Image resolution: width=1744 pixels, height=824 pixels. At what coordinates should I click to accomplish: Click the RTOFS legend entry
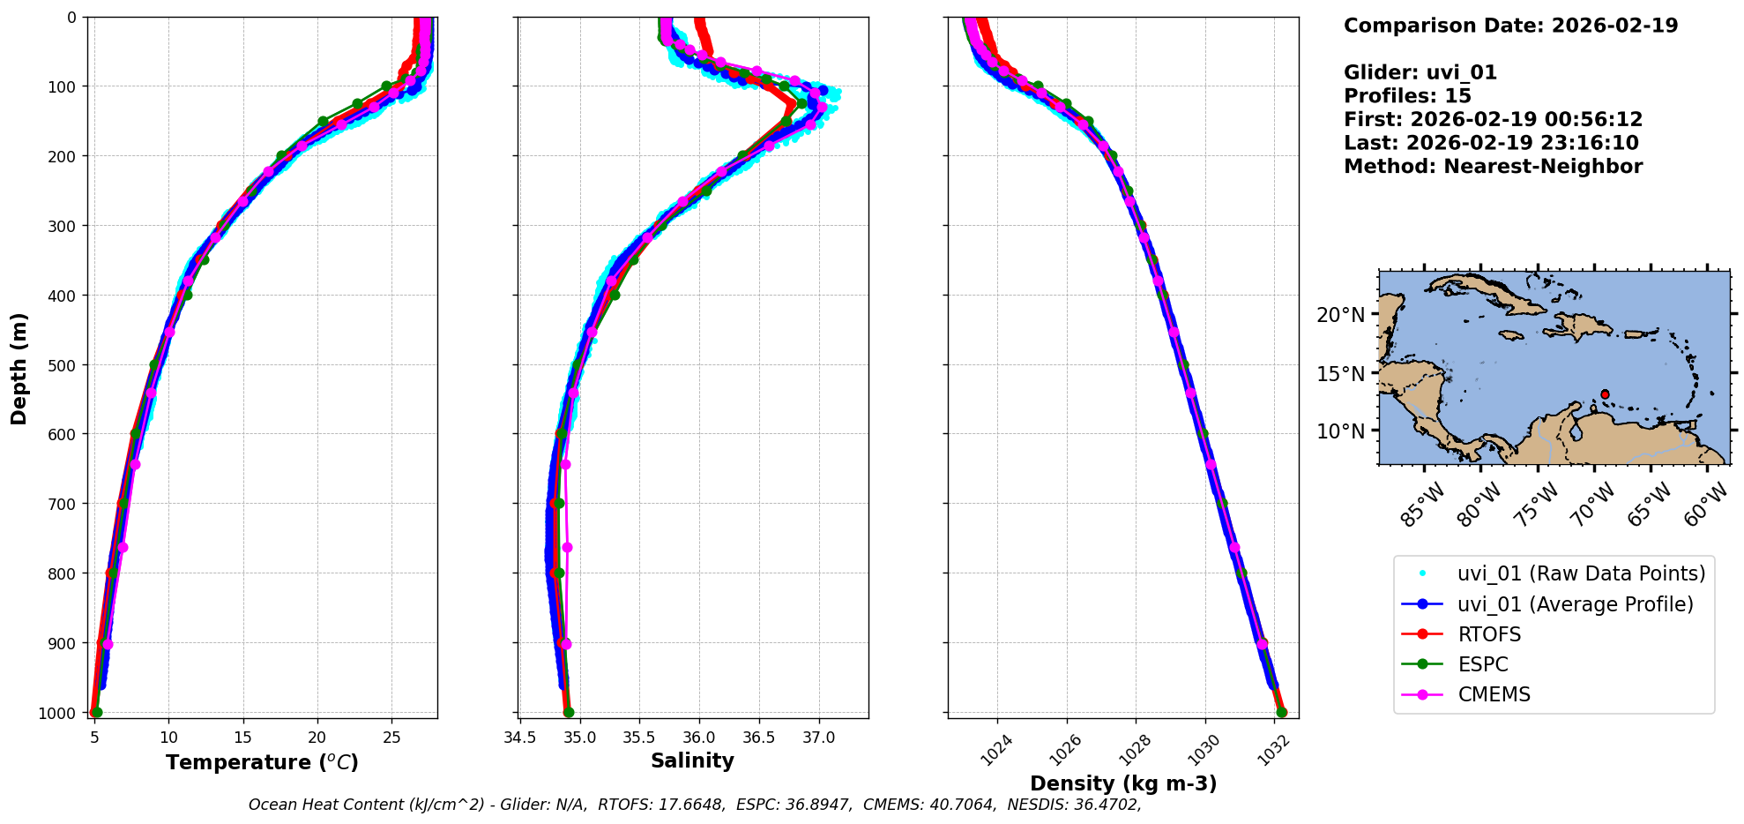point(1489,634)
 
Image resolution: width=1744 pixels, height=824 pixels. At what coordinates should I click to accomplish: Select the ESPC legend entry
point(1483,664)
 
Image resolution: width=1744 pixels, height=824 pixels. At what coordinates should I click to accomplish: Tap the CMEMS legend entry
point(1494,694)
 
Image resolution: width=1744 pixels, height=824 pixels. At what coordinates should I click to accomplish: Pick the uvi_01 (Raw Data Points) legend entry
point(1581,573)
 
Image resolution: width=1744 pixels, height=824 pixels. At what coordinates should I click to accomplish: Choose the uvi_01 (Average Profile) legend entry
point(1575,604)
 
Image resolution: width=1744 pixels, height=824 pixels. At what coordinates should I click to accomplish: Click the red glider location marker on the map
point(1605,394)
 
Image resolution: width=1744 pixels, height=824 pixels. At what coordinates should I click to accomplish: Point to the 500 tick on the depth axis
point(68,364)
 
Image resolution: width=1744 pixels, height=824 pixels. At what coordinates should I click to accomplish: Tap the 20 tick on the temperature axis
point(317,738)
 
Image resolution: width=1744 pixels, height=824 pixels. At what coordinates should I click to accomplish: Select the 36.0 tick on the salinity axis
point(699,738)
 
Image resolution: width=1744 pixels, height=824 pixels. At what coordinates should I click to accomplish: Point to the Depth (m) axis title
point(19,368)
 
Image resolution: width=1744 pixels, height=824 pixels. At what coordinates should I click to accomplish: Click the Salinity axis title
point(692,760)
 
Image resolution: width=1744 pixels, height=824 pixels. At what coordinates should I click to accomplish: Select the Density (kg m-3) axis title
point(1123,783)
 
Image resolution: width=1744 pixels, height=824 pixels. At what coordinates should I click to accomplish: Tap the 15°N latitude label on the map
point(1340,373)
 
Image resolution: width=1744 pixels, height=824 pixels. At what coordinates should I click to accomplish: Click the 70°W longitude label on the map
point(1593,505)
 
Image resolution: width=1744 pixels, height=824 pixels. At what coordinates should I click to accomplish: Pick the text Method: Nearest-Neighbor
point(1493,166)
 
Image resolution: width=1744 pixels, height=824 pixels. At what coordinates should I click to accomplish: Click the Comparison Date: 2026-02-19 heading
point(1510,26)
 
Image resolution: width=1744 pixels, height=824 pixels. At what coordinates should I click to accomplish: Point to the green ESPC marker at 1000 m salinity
point(569,712)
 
